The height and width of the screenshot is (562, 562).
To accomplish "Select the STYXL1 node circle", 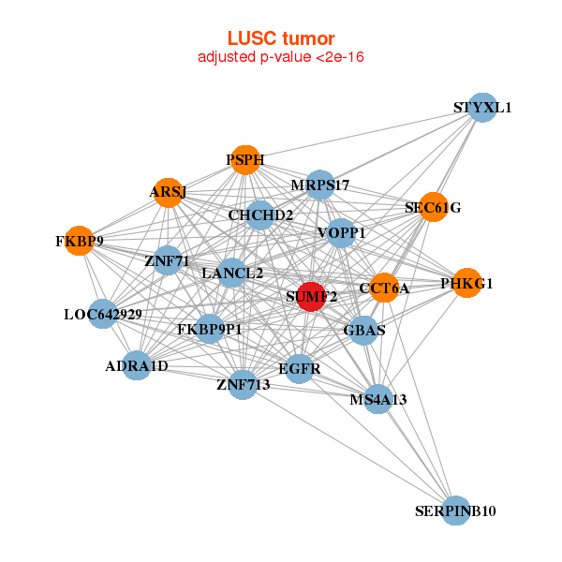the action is coord(481,108).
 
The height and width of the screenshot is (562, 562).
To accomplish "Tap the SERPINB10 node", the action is coord(455,510).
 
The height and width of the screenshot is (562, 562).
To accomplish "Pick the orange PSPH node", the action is coord(244,160).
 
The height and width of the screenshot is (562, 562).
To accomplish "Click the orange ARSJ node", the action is coord(168,192).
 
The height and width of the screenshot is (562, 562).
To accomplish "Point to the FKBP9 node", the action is coord(80,241).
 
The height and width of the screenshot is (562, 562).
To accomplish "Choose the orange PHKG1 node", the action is coord(466,283).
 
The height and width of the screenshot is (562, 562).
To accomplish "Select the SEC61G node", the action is coord(433,207).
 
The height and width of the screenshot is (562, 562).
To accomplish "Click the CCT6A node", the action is coord(384,288).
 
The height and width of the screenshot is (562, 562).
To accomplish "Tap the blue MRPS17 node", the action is coord(320,185).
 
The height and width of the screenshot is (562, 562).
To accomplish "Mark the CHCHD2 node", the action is coord(260,215).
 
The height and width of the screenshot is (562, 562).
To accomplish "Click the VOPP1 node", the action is coord(341,232).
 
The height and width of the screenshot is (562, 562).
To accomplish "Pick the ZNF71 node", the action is coord(168,259).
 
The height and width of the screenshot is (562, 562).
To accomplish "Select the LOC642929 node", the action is coord(103,314).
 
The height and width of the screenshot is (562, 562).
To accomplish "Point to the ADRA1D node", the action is coord(137,365).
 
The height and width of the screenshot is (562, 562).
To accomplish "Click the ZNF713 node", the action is coord(243,384).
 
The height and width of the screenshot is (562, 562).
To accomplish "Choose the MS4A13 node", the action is coord(378,400).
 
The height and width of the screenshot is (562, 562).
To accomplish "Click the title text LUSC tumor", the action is coord(280,38).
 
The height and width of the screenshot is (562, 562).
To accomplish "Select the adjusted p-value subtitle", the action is coord(280,57).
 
